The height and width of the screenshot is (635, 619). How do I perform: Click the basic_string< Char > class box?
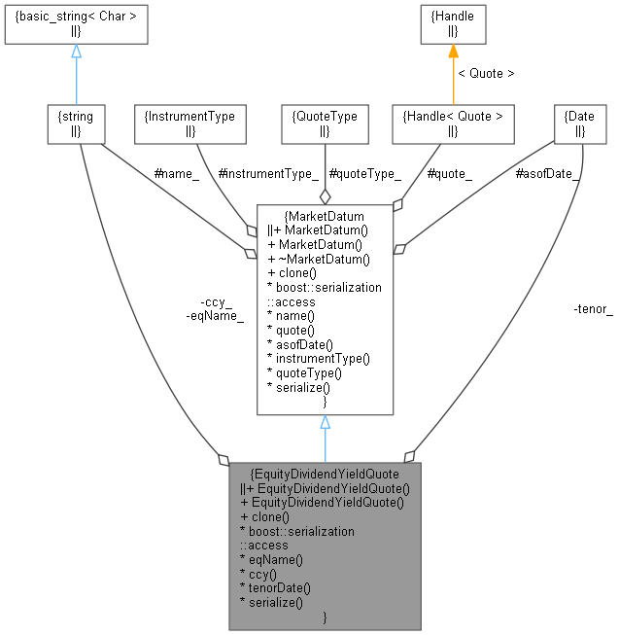[76, 24]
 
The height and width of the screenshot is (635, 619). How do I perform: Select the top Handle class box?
[452, 24]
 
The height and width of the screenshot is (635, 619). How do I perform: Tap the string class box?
[76, 123]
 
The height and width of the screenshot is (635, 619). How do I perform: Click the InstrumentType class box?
[189, 123]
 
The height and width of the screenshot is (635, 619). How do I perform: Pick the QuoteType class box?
[325, 123]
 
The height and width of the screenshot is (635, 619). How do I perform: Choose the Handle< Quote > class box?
[452, 123]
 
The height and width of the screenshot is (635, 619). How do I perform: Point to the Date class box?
[573, 123]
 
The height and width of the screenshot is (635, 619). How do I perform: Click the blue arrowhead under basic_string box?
[76, 52]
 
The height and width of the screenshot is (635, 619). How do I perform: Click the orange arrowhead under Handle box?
[452, 52]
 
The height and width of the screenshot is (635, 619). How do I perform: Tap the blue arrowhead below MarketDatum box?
[325, 423]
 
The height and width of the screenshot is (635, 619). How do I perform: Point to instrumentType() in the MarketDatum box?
[318, 359]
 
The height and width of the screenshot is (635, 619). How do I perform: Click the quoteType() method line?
[305, 372]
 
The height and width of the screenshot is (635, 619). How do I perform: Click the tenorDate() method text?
[279, 588]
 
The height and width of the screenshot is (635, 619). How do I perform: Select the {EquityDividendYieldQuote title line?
[325, 474]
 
